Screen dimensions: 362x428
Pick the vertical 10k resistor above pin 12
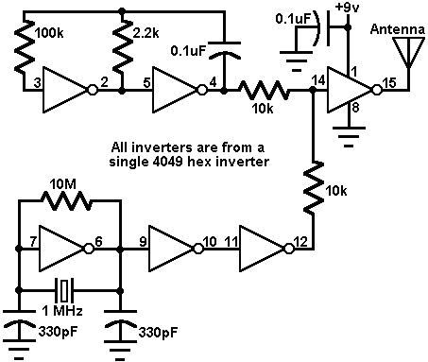tap(312, 194)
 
